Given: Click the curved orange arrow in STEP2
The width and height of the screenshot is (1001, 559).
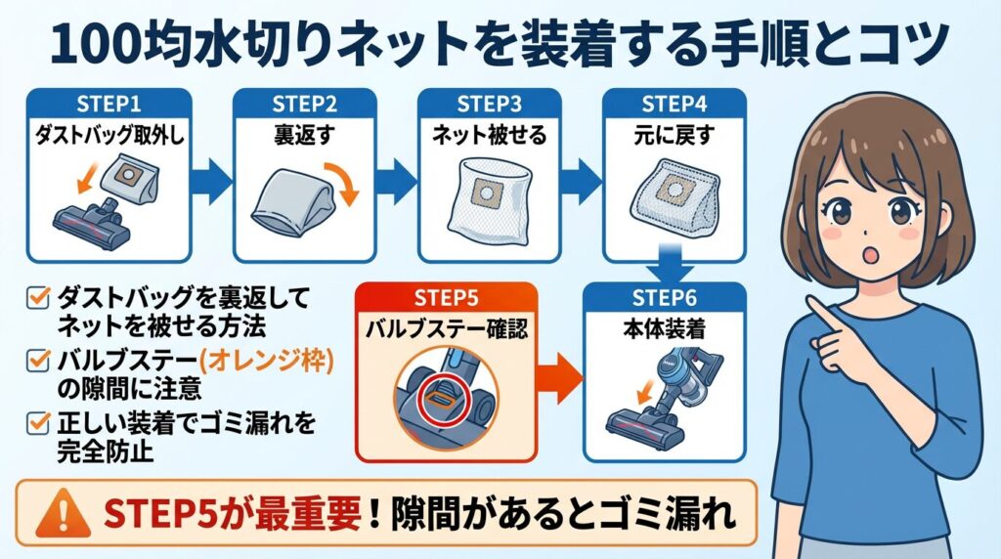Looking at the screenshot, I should [343, 185].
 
